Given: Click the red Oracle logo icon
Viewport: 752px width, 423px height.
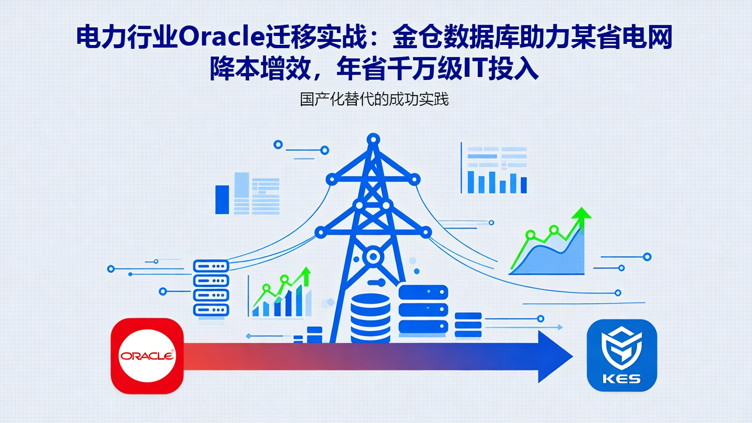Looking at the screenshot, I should [147, 356].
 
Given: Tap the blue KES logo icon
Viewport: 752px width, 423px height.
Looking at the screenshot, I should [621, 356].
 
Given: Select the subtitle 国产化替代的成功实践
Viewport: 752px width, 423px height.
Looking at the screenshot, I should [374, 99].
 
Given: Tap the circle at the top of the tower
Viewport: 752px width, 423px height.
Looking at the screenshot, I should [373, 139].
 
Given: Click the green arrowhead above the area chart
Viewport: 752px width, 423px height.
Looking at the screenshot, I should [581, 213].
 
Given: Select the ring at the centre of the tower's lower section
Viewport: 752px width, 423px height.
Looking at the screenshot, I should [373, 256].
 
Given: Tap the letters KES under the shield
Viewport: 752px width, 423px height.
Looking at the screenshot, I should [621, 378].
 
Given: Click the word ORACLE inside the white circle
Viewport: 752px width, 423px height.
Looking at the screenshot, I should [147, 356].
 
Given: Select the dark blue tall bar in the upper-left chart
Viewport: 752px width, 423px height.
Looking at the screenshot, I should [222, 199].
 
